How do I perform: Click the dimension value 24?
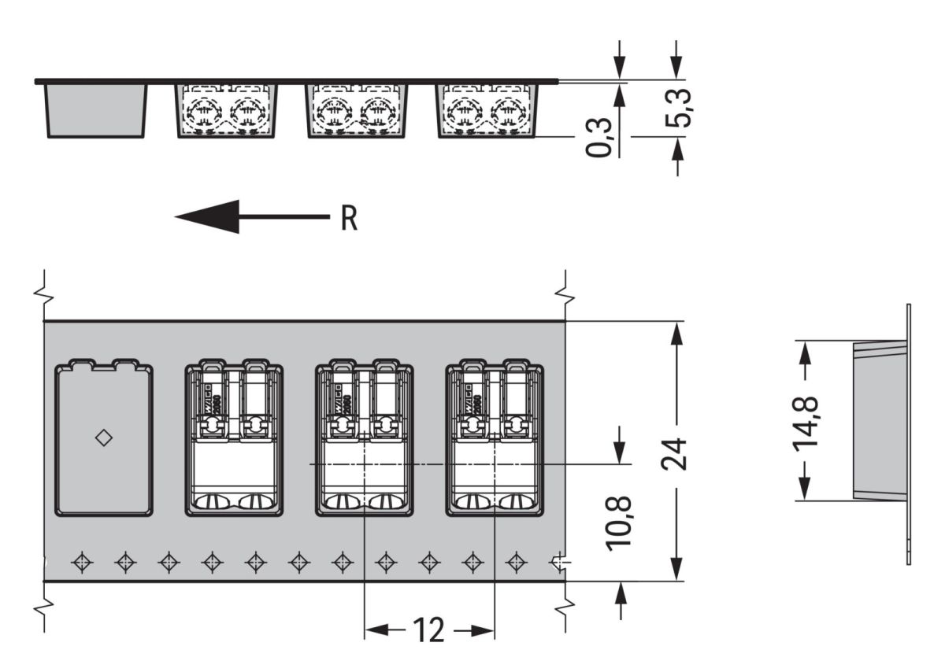click(x=675, y=451)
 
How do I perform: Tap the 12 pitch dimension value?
click(x=428, y=630)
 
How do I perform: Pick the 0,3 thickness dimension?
click(x=599, y=137)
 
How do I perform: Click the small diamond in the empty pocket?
click(x=103, y=438)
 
